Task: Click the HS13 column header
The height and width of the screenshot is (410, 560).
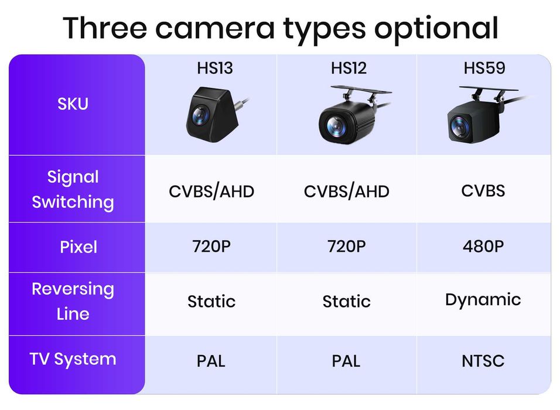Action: click(215, 69)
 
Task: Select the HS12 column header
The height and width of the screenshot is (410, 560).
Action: click(349, 69)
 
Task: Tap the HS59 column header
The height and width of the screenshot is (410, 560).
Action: click(484, 69)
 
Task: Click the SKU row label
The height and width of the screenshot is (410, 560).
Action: click(73, 104)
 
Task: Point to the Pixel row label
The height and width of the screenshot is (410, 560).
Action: click(78, 247)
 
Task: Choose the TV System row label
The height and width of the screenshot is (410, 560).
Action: click(73, 359)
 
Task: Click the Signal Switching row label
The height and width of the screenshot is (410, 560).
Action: click(73, 189)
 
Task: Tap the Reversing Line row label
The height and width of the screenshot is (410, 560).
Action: click(73, 301)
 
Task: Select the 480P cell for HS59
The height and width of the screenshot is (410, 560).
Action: click(483, 247)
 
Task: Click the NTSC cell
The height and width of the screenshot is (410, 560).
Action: click(483, 360)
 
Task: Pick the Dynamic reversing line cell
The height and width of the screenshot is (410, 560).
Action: click(483, 300)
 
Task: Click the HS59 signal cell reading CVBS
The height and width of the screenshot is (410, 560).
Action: click(483, 190)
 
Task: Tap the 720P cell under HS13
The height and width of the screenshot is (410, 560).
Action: click(211, 247)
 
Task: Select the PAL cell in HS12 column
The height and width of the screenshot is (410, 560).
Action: click(346, 360)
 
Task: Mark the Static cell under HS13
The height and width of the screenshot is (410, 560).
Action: click(211, 302)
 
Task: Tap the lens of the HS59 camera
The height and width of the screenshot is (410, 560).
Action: click(460, 125)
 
